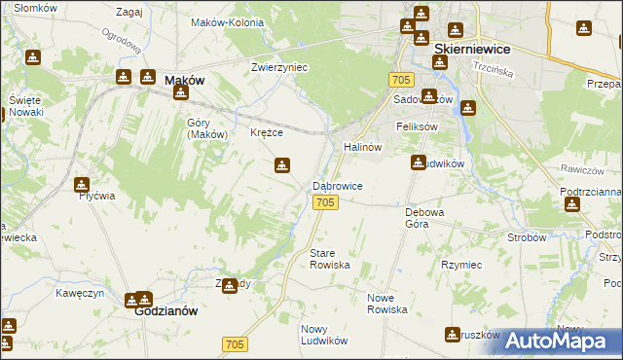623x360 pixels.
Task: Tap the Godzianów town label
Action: click(166, 311)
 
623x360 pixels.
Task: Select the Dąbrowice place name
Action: click(338, 185)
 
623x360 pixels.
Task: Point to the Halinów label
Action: click(362, 146)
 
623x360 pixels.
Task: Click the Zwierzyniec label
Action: click(279, 67)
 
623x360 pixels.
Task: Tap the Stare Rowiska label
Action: click(328, 259)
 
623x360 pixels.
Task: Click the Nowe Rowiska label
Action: click(386, 303)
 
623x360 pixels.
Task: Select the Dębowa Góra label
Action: click(424, 217)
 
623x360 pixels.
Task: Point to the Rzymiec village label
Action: click(461, 265)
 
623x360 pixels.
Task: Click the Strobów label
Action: click(527, 236)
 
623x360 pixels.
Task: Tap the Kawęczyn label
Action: click(79, 293)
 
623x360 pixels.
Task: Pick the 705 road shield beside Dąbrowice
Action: click(326, 201)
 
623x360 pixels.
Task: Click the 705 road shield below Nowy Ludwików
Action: click(235, 344)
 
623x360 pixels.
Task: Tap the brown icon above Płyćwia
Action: click(82, 184)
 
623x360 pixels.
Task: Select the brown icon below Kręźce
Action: click(281, 165)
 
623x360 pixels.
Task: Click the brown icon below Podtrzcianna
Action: click(572, 204)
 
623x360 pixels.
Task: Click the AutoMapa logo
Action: click(558, 340)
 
